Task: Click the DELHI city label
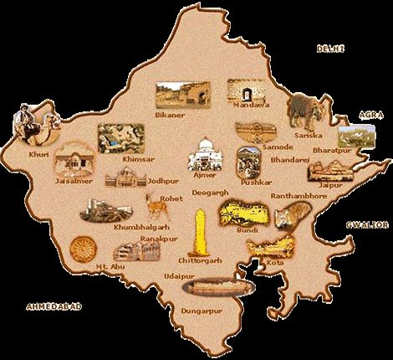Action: coord(329,49)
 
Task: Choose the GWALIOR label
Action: coord(368,224)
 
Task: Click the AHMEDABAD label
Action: coord(54,306)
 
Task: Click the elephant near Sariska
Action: coord(304,110)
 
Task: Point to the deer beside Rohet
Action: coord(154,204)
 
